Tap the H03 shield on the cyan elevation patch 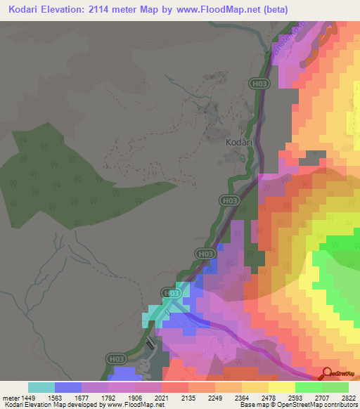pos(169,292)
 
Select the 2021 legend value pos(162,396)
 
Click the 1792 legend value pos(108,396)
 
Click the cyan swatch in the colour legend pos(41,387)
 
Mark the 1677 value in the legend pos(82,396)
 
